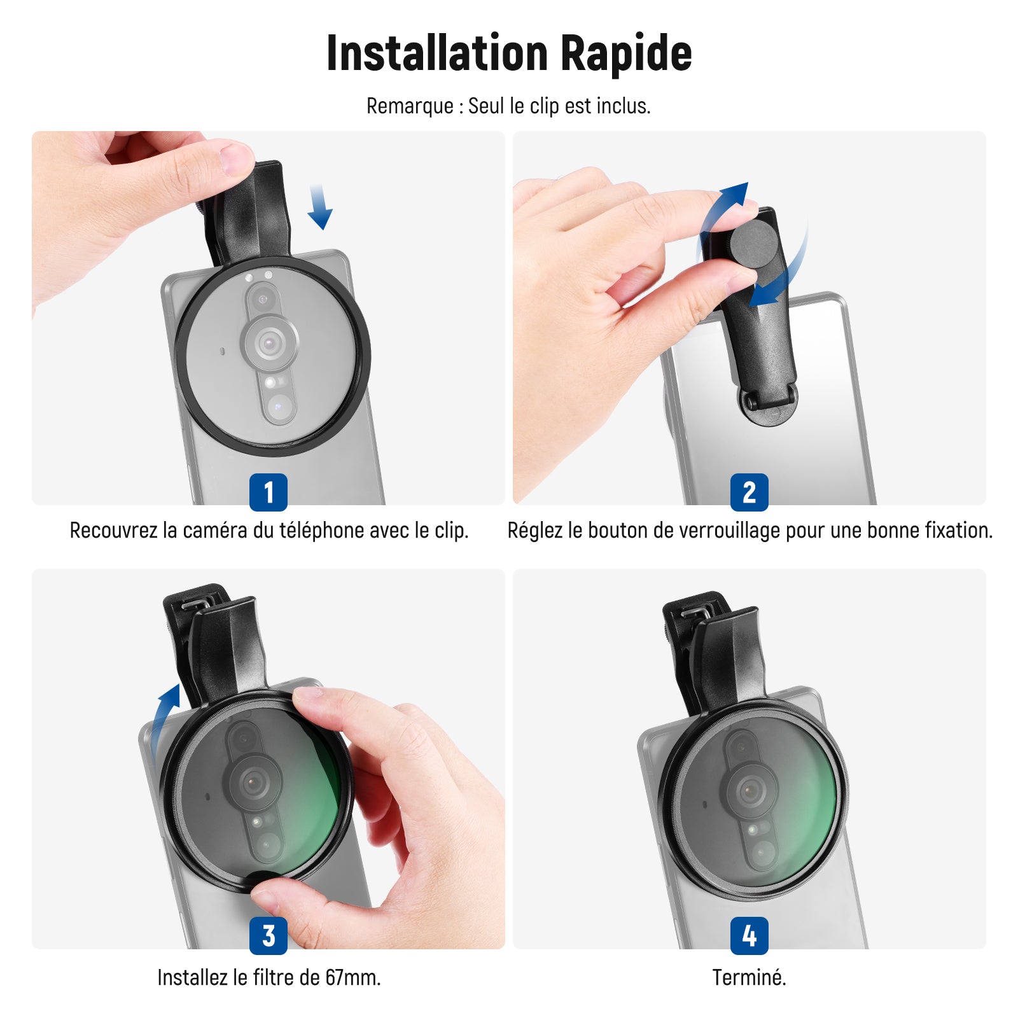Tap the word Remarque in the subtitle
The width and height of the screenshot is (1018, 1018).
coord(410,106)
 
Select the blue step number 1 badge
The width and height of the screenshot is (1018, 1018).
coord(268,492)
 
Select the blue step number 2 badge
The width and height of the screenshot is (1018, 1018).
coord(750,492)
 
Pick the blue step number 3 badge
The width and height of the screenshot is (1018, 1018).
coord(268,936)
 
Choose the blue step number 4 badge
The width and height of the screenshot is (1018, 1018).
coord(750,936)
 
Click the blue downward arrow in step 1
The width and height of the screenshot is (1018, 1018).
coord(320,207)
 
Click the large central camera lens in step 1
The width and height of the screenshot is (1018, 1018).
coord(270,344)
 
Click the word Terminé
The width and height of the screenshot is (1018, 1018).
coord(750,977)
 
